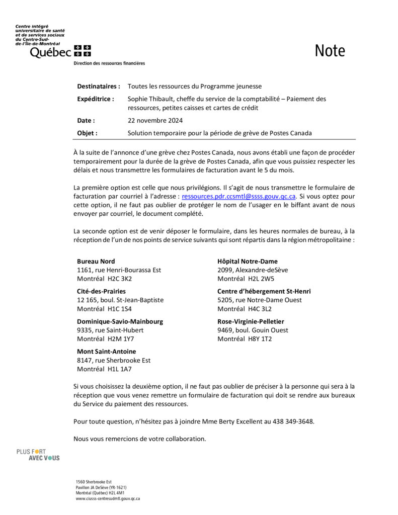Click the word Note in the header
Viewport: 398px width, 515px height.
tap(330, 51)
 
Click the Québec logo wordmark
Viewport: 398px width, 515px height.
tap(50, 52)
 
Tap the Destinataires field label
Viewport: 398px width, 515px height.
tap(99, 87)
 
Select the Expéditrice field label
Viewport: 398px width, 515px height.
tap(96, 99)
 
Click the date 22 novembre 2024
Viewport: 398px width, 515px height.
tap(155, 121)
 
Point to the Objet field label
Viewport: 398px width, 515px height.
tap(87, 133)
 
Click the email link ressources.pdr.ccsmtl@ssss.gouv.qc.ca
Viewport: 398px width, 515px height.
tap(238, 197)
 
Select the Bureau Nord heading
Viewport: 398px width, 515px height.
tap(96, 262)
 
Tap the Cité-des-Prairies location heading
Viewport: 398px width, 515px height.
tap(101, 291)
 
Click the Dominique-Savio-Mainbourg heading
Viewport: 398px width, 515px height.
tap(120, 321)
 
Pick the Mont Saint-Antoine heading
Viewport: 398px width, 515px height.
tap(106, 352)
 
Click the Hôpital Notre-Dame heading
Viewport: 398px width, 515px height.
tap(247, 262)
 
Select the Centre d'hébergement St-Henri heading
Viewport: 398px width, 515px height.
tap(264, 291)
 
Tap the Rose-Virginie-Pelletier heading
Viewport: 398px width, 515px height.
tap(251, 321)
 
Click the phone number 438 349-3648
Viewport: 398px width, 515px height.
tap(293, 421)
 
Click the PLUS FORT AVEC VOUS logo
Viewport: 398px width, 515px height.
tap(38, 455)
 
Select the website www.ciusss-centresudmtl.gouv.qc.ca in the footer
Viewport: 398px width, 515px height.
tap(108, 499)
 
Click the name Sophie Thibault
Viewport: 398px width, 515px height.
tap(148, 99)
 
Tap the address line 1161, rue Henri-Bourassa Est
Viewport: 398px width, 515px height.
tap(119, 270)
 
